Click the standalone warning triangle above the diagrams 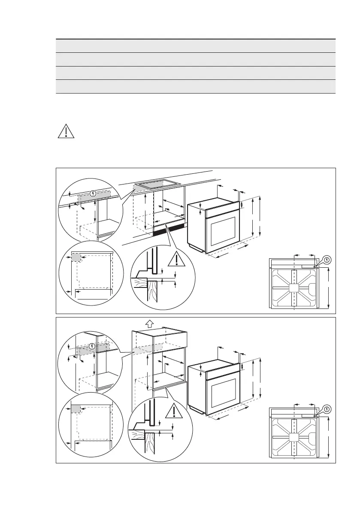point(66,131)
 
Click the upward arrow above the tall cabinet point(150,323)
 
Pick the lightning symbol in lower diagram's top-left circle point(93,346)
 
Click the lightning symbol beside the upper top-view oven point(327,260)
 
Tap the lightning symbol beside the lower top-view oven point(327,409)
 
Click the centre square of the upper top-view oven point(293,287)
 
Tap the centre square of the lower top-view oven point(293,437)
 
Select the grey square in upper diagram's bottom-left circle point(76,257)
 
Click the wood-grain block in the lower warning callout point(140,435)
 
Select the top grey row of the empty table point(195,46)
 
